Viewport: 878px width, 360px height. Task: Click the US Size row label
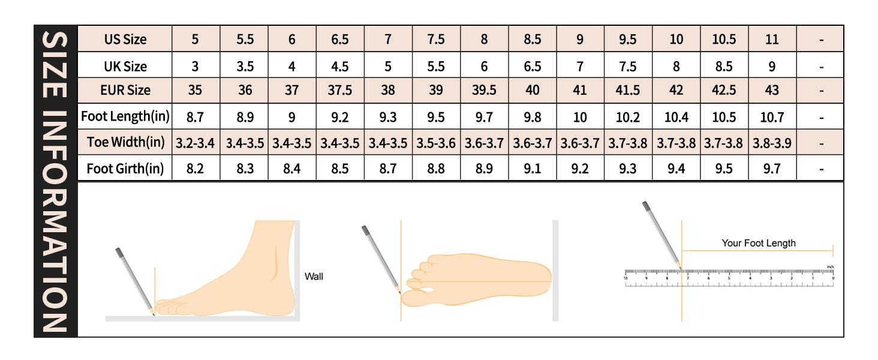[x=125, y=40]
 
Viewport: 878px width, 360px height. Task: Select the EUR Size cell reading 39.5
[x=484, y=91]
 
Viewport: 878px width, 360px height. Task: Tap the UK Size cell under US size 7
[x=388, y=66]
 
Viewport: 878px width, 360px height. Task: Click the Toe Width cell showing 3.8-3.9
[x=772, y=143]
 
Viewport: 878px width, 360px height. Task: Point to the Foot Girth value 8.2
[x=196, y=169]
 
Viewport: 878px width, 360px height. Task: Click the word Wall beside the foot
[x=314, y=277]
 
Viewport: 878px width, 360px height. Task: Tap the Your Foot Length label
[x=758, y=243]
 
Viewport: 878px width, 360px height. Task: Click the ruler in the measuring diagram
[x=729, y=277]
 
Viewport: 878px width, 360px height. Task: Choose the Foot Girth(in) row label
[x=125, y=169]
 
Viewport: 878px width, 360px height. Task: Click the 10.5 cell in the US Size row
[x=724, y=40]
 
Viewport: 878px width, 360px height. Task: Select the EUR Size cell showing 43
[x=772, y=91]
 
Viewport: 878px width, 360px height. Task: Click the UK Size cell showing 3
[x=196, y=66]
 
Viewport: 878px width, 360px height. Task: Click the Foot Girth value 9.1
[x=532, y=169]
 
